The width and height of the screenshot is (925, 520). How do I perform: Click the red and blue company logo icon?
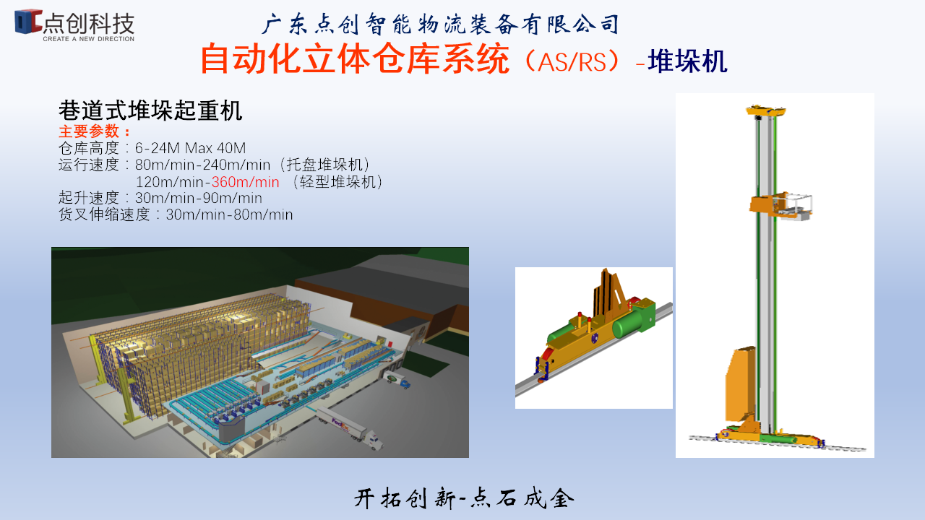click(x=28, y=21)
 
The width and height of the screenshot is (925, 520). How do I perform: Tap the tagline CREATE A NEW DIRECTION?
click(x=88, y=39)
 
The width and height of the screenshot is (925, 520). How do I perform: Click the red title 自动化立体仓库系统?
click(x=355, y=59)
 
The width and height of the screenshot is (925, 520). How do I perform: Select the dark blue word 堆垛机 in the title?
click(x=687, y=61)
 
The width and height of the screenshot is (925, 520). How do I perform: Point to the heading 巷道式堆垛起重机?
click(x=150, y=110)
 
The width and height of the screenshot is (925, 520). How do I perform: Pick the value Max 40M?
click(x=215, y=148)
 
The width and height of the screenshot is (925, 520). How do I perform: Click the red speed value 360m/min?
click(x=245, y=181)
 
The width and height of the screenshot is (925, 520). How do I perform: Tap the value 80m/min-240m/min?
click(x=202, y=165)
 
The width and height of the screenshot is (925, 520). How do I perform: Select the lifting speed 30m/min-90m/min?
click(x=198, y=198)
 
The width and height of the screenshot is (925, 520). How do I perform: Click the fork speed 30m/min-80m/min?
click(x=229, y=214)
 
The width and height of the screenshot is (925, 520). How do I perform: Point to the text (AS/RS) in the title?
click(x=572, y=61)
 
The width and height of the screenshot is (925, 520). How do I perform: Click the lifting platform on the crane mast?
click(x=780, y=207)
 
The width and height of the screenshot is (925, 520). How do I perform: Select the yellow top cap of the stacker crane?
click(x=766, y=110)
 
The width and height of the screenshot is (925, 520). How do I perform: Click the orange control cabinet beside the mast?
click(x=741, y=383)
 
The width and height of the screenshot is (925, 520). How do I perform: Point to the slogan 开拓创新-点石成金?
click(x=464, y=498)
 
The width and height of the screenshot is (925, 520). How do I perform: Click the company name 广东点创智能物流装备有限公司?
click(x=441, y=24)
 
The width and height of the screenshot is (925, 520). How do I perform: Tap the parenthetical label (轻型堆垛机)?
click(x=337, y=181)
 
